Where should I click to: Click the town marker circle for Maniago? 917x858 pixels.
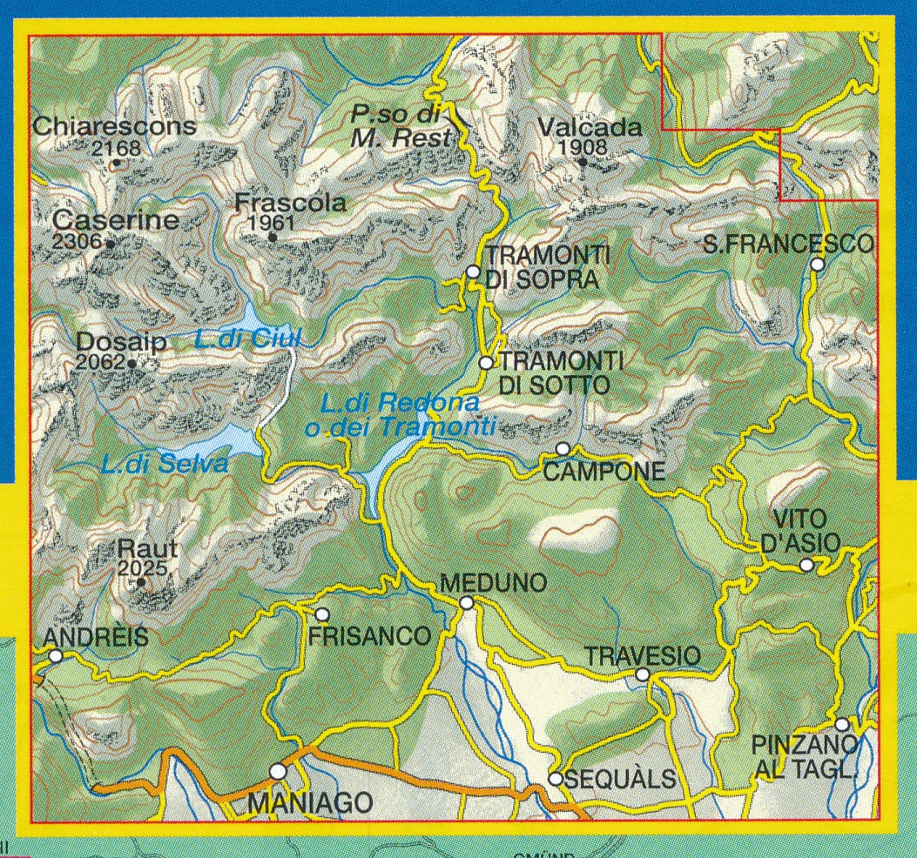coord(278,771)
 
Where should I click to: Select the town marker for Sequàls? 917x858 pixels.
coord(556,778)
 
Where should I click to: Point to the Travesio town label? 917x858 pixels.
coord(642,655)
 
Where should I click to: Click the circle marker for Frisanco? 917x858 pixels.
coord(321,614)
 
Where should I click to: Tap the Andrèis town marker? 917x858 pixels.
coord(56,656)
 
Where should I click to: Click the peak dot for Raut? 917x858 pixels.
coord(142,583)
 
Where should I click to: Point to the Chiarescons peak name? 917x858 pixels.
coord(114,127)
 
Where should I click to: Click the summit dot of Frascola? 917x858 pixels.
coord(273,237)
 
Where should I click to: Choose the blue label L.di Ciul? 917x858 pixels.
coord(247,339)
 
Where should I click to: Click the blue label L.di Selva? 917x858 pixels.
coord(164,465)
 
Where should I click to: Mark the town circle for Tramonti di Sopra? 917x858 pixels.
coord(473,271)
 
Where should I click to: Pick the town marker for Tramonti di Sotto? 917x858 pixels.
coord(487,362)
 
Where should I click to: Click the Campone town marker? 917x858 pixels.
coord(563,449)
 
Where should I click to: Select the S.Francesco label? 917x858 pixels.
coord(788,245)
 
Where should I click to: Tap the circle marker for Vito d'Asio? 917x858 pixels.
coord(806,565)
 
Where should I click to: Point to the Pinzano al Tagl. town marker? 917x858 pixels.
coord(842,724)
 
